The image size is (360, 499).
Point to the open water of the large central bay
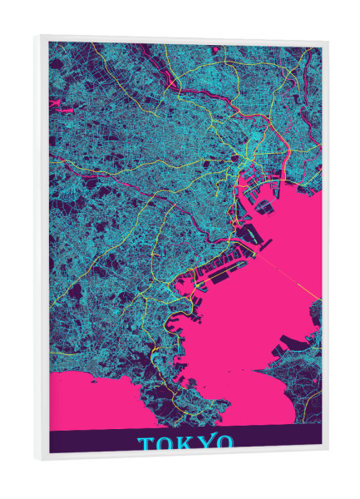(249, 316)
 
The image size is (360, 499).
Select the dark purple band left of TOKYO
(91, 442)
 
